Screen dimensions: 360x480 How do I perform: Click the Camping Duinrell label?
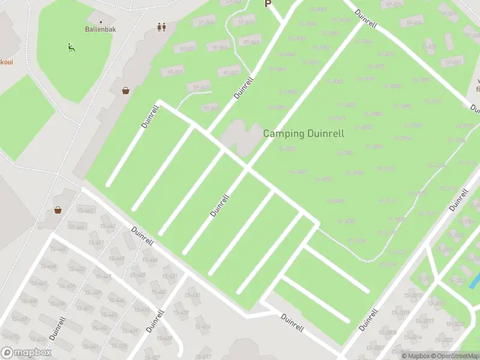point(304,133)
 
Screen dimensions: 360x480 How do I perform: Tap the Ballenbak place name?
point(101,28)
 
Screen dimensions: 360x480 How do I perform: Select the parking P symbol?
point(268,4)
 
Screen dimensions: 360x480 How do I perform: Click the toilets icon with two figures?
point(161,27)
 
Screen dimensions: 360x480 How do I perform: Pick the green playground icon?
point(71,46)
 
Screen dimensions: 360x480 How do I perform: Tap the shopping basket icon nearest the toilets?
point(126,91)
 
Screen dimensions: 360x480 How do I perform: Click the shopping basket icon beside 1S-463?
point(58,210)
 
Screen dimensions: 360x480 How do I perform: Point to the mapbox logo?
point(25,353)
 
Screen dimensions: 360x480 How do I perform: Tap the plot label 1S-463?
point(86,210)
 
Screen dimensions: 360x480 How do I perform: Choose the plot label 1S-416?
point(203,326)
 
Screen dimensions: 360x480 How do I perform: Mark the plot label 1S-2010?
point(413,295)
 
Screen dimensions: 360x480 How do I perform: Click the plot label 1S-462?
point(108,226)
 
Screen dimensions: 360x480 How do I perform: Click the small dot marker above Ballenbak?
point(101,22)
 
